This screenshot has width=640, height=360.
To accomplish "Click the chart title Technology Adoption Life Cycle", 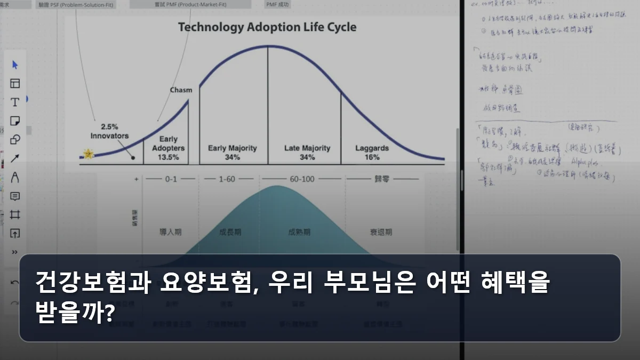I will [x=267, y=27].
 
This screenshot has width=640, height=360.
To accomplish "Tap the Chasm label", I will [x=181, y=90].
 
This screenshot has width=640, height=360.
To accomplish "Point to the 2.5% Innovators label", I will [x=109, y=131].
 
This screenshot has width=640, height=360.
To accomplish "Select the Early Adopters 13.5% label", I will [x=169, y=148].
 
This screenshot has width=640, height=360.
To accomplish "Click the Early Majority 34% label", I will [x=232, y=152].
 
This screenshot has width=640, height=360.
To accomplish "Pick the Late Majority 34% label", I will [x=307, y=152].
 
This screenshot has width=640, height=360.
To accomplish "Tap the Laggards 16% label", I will [x=372, y=152].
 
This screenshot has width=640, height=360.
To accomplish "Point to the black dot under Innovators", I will [x=133, y=158].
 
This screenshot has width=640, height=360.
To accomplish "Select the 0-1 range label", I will [x=171, y=179].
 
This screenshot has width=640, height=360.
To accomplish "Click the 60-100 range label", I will [x=301, y=179].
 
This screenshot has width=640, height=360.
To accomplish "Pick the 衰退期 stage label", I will [x=381, y=232].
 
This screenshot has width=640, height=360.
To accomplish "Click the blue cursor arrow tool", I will [x=15, y=65].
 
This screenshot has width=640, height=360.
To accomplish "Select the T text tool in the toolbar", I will [x=15, y=102].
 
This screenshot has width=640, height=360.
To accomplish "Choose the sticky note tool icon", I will [x=15, y=121].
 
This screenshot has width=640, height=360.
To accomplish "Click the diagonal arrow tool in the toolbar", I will [x=15, y=158].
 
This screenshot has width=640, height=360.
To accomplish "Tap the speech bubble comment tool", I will [x=15, y=196].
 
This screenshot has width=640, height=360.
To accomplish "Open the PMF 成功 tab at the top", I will [x=278, y=4].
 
